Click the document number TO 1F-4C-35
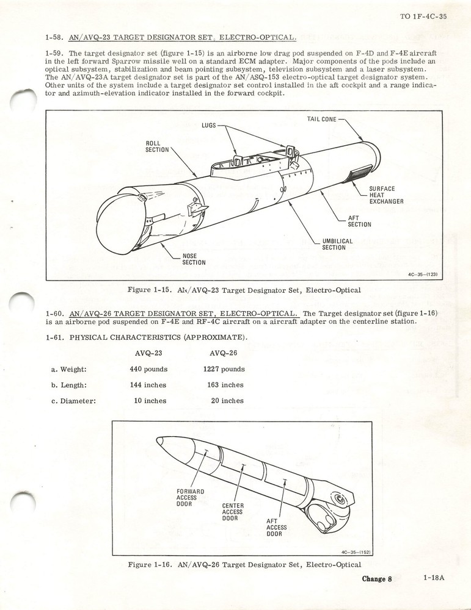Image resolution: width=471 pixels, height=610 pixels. (x=423, y=16)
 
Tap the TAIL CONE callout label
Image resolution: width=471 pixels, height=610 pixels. (x=321, y=119)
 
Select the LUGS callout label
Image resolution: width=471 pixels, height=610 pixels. (x=209, y=126)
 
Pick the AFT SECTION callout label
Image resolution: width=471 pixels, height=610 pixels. (x=359, y=221)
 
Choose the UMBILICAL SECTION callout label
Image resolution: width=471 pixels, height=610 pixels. (x=337, y=244)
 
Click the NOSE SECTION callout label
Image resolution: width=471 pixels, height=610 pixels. (x=194, y=259)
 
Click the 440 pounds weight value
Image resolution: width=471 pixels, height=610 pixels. (x=148, y=369)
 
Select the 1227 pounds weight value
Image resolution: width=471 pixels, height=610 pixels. (x=224, y=369)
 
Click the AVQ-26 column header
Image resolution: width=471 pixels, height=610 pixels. (x=223, y=353)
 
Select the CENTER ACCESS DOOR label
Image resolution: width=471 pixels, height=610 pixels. (x=233, y=512)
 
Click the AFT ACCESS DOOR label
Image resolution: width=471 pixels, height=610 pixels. (x=276, y=527)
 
